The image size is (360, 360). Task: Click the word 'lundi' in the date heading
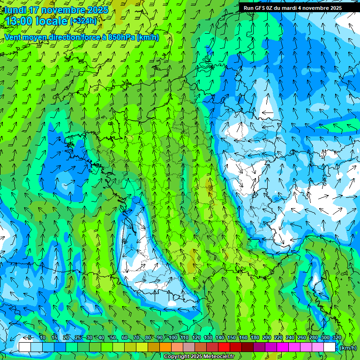tap(15, 10)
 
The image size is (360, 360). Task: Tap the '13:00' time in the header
tap(22, 21)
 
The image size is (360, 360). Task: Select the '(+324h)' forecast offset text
tap(83, 21)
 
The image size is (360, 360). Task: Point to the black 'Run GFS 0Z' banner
tap(292, 7)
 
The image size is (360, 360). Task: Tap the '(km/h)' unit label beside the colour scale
tap(348, 348)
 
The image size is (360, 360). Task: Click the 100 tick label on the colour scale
tap(173, 338)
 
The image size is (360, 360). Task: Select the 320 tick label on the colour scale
tap(337, 338)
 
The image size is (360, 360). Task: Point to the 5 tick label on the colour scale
tap(30, 338)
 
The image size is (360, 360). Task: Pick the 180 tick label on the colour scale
tap(255, 338)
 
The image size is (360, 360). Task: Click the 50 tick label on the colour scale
tap(113, 338)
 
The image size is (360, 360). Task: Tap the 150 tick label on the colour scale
tap(232, 338)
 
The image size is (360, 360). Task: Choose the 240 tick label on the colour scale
tap(290, 338)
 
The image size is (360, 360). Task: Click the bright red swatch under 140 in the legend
tap(224, 347)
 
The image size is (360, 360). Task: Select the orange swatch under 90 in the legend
tap(165, 347)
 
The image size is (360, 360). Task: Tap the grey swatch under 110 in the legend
tap(189, 347)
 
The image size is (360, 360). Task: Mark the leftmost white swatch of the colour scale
tap(25, 347)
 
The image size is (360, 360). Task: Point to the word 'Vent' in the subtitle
tap(14, 37)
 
